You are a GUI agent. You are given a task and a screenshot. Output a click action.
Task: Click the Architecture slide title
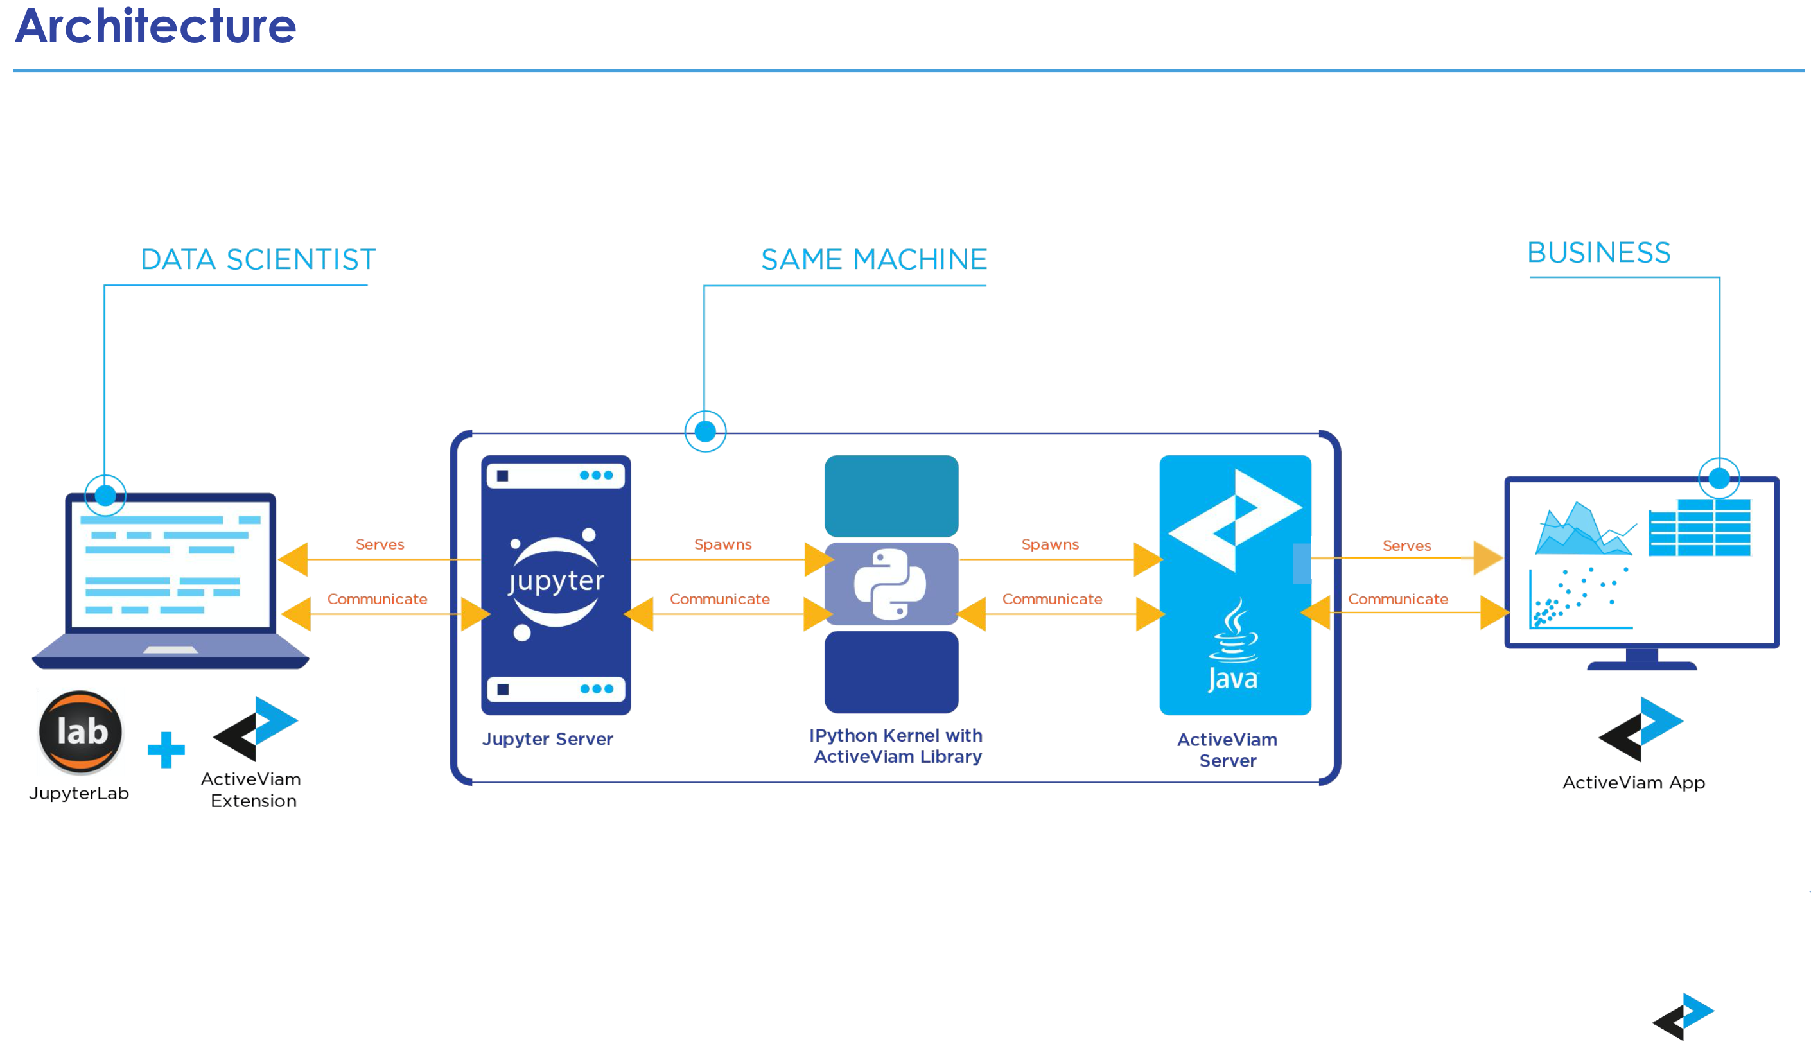(x=155, y=26)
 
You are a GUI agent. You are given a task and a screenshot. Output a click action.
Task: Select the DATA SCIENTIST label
(x=258, y=259)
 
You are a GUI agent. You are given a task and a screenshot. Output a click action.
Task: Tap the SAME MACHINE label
(x=873, y=259)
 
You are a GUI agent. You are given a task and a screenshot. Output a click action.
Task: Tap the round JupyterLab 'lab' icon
(x=81, y=732)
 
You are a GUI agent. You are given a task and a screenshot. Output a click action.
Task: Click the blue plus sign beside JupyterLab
(x=166, y=749)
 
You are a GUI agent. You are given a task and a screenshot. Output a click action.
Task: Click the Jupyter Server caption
(x=547, y=739)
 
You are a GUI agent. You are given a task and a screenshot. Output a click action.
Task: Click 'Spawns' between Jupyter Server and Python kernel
(x=722, y=544)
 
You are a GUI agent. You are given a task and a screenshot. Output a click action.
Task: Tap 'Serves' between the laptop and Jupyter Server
(x=380, y=544)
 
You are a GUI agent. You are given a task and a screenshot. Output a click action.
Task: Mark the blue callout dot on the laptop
(x=105, y=495)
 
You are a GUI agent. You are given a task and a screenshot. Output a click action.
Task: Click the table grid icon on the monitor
(x=1699, y=528)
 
